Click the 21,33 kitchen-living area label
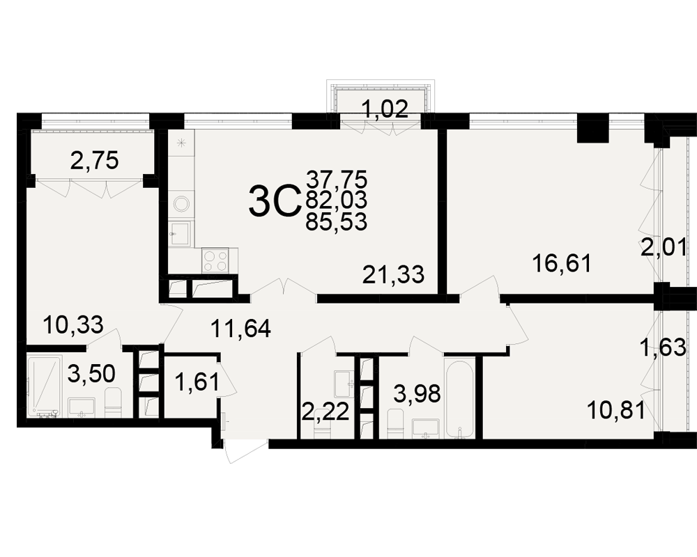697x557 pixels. [393, 274]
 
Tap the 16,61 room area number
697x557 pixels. [562, 264]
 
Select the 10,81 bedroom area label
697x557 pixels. [615, 411]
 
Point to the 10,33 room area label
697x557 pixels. [73, 324]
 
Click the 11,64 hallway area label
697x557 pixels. [240, 329]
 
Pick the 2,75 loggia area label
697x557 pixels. [95, 160]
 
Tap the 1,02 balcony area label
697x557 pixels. [385, 109]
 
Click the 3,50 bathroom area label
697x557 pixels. [91, 374]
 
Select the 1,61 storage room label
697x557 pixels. [197, 382]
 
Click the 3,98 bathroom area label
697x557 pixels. [418, 393]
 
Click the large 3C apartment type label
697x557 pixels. [272, 202]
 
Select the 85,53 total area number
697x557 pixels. [337, 221]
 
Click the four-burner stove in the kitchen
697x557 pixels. [215, 260]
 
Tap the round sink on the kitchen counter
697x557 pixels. [181, 205]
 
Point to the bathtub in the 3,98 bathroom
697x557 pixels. [459, 397]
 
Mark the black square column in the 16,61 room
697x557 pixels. [592, 128]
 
